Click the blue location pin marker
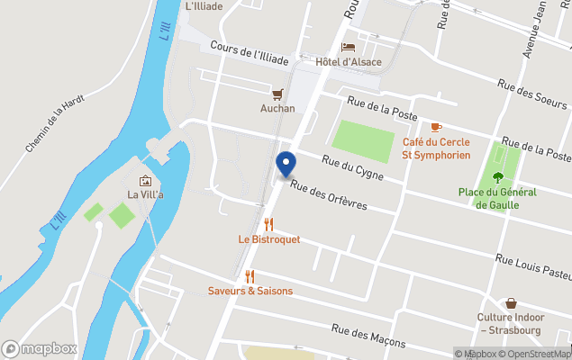tap(286, 165)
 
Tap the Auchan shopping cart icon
tap(278, 94)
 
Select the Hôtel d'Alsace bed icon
tap(349, 47)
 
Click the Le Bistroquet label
tap(269, 239)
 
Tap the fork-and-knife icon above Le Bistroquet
tap(268, 224)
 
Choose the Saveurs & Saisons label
tap(250, 291)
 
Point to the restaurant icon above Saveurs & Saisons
tap(250, 276)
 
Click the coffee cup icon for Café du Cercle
tap(436, 127)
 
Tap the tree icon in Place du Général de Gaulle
tap(497, 176)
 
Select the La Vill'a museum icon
tap(146, 180)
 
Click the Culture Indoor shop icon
tap(511, 303)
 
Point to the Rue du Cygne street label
tap(353, 167)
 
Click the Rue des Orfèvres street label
tap(329, 197)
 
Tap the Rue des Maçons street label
tap(368, 337)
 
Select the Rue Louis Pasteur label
tap(533, 265)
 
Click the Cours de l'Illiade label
tap(250, 53)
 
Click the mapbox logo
tap(40, 348)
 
